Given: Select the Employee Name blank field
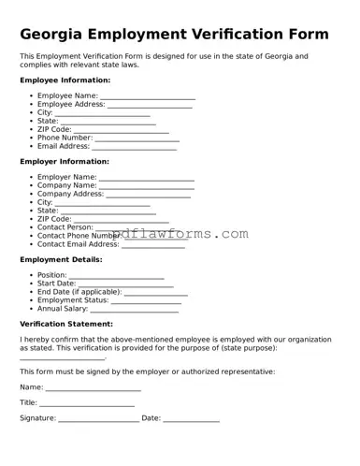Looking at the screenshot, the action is click(148, 96).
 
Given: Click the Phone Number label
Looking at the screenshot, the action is click(65, 138).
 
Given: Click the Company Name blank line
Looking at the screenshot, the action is click(147, 186).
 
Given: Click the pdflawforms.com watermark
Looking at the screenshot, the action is click(178, 234).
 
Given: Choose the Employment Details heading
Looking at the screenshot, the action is click(61, 259).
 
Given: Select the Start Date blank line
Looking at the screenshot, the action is click(126, 284).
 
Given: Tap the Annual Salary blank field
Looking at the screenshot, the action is click(135, 309).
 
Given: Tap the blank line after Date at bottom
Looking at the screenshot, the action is click(192, 419).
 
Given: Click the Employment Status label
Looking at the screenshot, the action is click(73, 300).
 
